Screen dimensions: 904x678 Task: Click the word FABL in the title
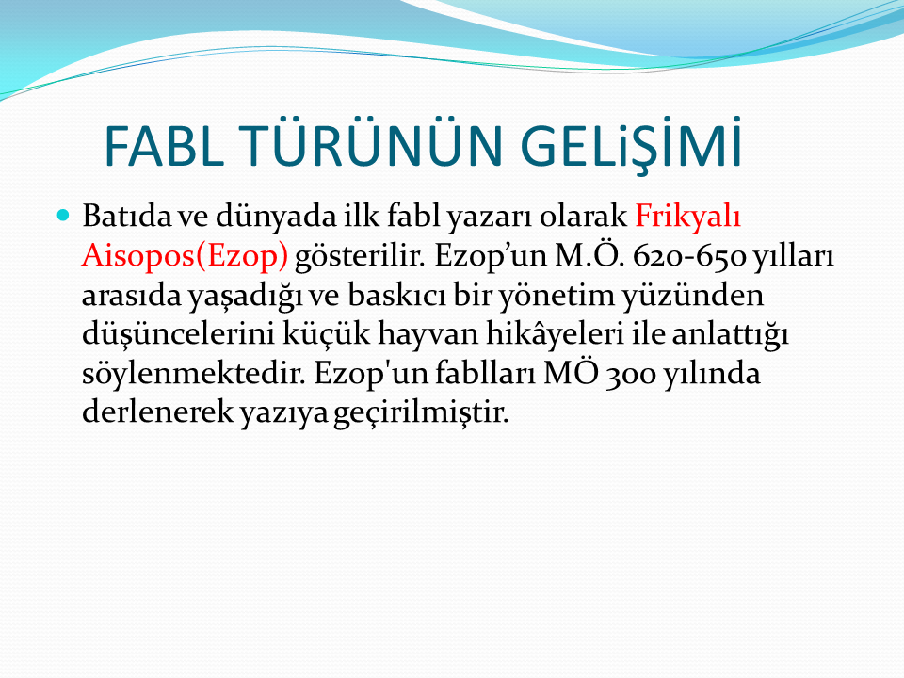(x=164, y=146)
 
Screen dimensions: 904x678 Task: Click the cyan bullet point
(x=63, y=216)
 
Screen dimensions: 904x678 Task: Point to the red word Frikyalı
(x=687, y=217)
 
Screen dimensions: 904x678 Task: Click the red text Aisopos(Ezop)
(x=185, y=256)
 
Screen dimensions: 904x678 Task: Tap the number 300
(x=631, y=374)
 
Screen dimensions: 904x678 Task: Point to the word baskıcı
(x=396, y=295)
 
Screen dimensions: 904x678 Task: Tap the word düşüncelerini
(x=178, y=334)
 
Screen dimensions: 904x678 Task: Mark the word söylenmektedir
(x=193, y=374)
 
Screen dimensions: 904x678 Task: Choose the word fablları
(x=486, y=373)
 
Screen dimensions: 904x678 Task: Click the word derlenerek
(x=157, y=412)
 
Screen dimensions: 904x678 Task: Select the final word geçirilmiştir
(x=421, y=412)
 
